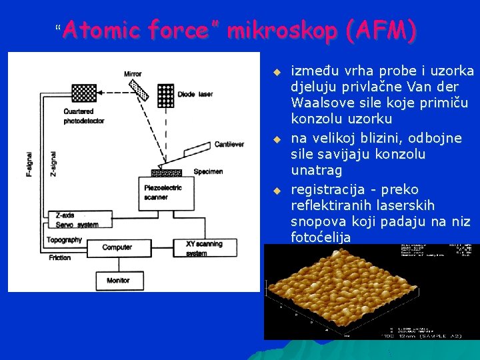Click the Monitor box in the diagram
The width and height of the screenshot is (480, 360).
coord(119,280)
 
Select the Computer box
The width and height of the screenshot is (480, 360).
coord(117,247)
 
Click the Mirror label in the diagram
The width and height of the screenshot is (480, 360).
coord(133,74)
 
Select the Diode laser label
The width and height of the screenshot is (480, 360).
coord(195,95)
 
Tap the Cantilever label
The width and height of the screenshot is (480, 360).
coord(229,145)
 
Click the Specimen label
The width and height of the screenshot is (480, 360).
coord(209,171)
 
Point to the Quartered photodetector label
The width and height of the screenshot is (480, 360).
coord(79,116)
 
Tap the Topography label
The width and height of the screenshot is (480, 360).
coord(64,239)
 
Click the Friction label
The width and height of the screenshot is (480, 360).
coord(59,257)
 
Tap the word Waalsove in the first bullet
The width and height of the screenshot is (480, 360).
coord(317,103)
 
